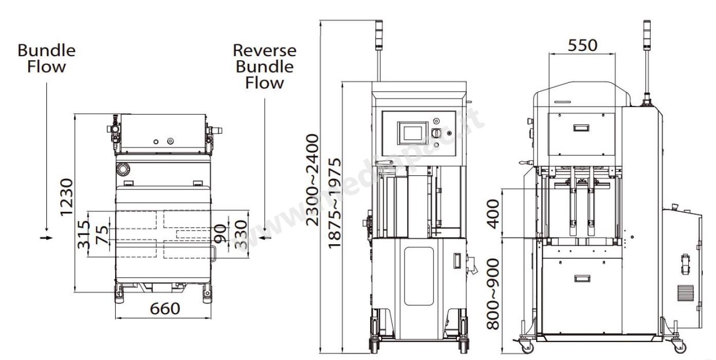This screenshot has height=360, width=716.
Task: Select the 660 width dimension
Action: (x=164, y=309)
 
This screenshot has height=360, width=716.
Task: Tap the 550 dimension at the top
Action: (x=582, y=45)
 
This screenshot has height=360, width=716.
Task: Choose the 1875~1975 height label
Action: (x=335, y=203)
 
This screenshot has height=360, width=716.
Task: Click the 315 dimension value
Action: (x=84, y=235)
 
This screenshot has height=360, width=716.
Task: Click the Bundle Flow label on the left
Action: (x=46, y=58)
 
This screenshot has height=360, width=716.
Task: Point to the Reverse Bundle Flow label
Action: (x=264, y=66)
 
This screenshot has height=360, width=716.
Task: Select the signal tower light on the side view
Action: (x=647, y=36)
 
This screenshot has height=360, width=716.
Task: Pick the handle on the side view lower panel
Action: (x=582, y=278)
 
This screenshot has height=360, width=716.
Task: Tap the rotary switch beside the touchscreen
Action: (x=436, y=133)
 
